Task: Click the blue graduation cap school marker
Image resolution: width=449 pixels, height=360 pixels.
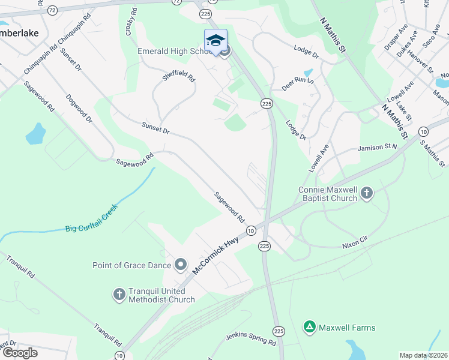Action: click(215, 40)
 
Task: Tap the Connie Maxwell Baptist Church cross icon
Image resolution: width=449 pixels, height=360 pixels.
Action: click(367, 194)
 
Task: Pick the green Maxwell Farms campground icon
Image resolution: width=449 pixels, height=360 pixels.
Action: click(309, 328)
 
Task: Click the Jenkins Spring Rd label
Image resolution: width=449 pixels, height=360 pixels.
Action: click(250, 339)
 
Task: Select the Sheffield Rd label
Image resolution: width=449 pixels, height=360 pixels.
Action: click(179, 77)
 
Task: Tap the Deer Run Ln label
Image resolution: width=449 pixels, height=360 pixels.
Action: click(298, 83)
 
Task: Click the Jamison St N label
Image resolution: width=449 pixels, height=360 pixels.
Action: click(378, 146)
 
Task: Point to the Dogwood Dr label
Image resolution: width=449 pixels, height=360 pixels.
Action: click(79, 108)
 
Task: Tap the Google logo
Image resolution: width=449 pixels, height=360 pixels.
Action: click(19, 353)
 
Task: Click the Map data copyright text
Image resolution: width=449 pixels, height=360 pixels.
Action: click(424, 355)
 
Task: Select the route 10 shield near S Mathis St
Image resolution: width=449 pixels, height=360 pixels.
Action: click(424, 131)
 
